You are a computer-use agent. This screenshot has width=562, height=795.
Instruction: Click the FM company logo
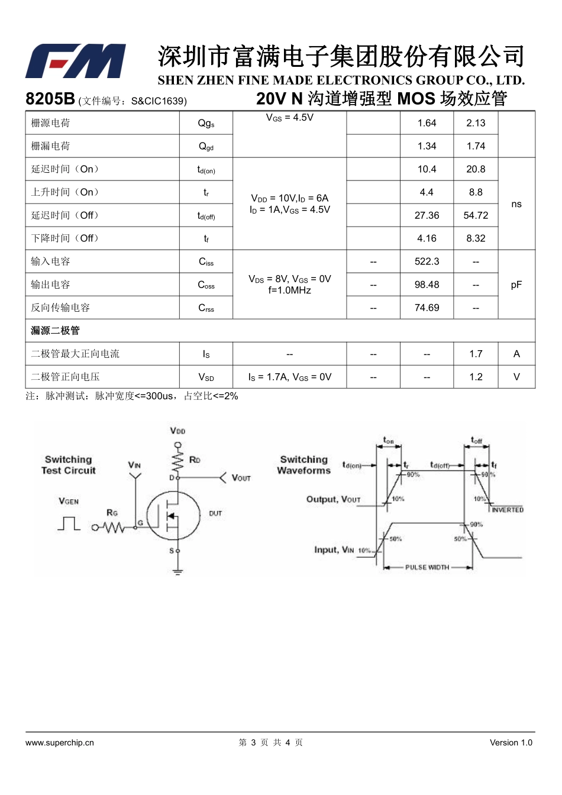(x=75, y=61)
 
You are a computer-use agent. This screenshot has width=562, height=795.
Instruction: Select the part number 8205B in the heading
(x=50, y=99)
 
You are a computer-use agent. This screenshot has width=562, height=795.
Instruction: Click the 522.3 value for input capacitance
(x=427, y=261)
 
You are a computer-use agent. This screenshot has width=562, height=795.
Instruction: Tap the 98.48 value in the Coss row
(x=427, y=285)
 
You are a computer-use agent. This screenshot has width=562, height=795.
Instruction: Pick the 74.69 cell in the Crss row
(x=427, y=308)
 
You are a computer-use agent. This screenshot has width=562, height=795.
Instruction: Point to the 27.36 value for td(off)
(x=427, y=215)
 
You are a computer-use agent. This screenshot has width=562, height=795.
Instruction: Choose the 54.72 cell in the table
(x=476, y=215)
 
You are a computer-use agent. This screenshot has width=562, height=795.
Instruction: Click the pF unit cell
(x=516, y=285)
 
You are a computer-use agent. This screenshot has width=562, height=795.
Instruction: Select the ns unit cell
(x=516, y=204)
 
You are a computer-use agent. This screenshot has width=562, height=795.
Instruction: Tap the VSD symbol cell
(x=206, y=377)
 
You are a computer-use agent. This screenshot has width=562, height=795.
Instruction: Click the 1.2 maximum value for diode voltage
(x=476, y=377)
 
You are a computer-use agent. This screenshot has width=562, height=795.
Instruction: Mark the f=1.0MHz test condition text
(x=289, y=290)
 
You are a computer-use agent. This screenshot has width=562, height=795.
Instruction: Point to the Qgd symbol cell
(x=206, y=147)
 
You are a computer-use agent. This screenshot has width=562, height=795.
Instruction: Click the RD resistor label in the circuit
(x=195, y=460)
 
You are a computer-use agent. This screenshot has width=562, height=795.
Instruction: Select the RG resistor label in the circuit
(x=112, y=513)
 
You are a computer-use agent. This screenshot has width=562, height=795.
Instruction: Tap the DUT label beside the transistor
(x=215, y=513)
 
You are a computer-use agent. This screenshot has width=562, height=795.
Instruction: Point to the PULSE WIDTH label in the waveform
(x=427, y=567)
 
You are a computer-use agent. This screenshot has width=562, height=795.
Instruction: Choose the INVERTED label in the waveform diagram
(x=508, y=510)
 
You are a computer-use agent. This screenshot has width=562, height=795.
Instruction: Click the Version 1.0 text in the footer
(x=511, y=743)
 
